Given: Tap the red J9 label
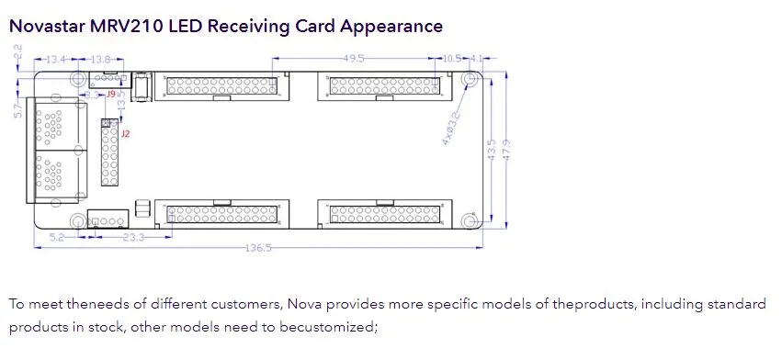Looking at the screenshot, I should (x=110, y=94).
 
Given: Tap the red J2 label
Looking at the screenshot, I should (x=126, y=134).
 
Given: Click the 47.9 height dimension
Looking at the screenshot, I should (x=506, y=147).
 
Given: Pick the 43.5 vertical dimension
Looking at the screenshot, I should (x=493, y=147).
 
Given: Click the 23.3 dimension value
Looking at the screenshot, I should (x=133, y=237).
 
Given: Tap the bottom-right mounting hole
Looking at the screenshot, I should (x=470, y=222).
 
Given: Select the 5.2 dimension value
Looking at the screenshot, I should (x=57, y=237).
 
